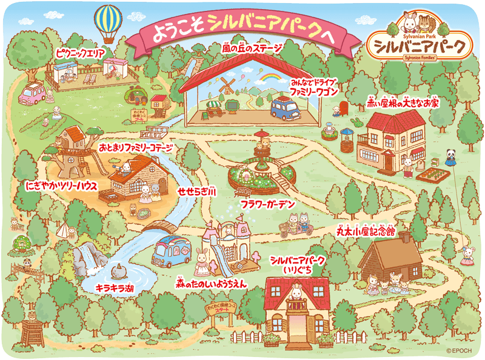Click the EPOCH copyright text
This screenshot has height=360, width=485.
(461, 350)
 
